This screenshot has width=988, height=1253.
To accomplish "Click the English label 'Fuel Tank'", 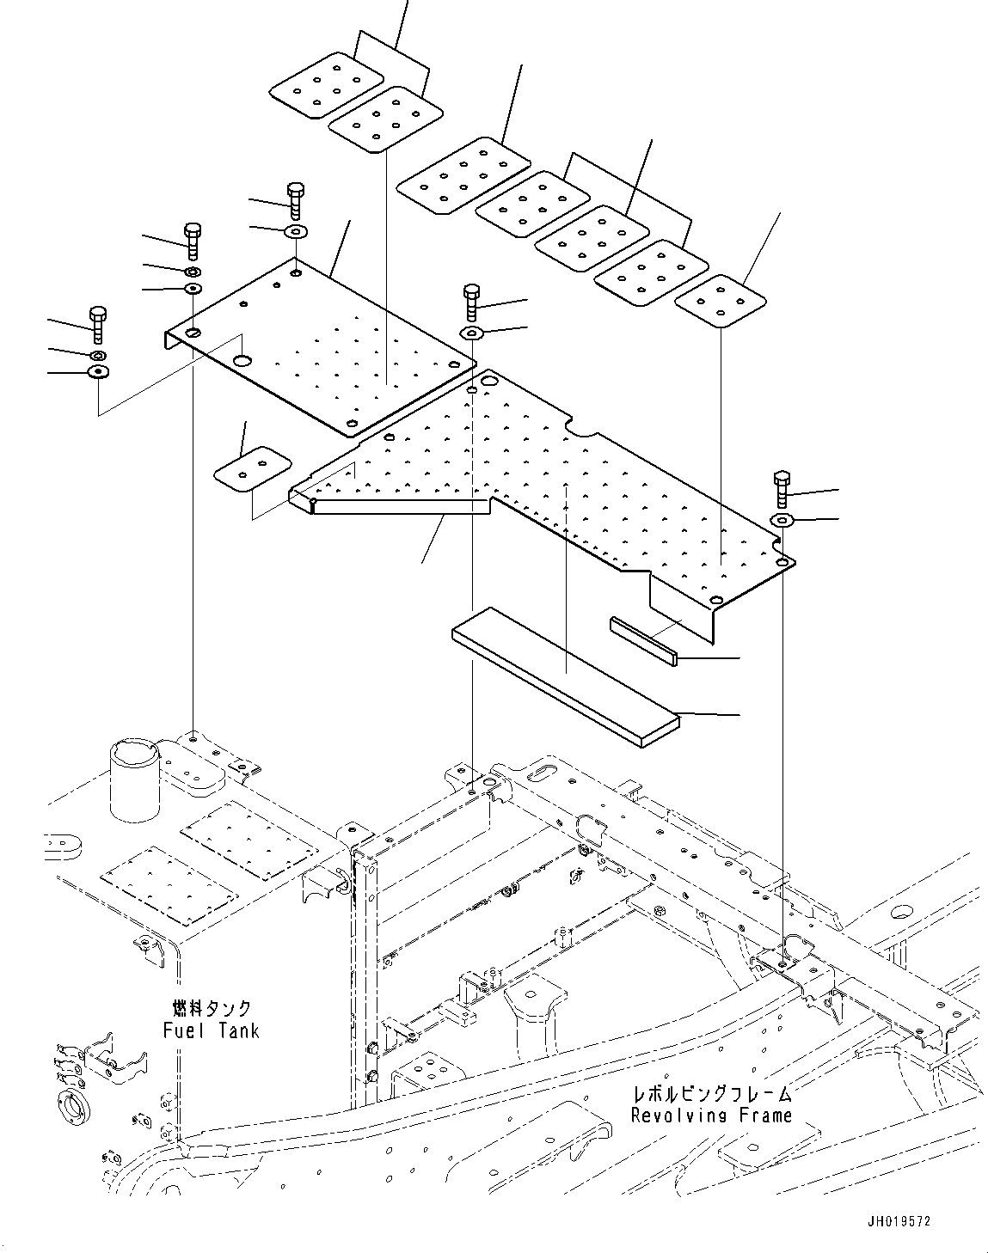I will pyautogui.click(x=211, y=1030).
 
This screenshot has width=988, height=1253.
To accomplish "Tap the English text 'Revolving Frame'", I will pyautogui.click(x=710, y=1115).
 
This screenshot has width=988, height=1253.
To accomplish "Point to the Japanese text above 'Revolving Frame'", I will pyautogui.click(x=710, y=1094).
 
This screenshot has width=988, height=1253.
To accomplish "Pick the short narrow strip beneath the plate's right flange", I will pyautogui.click(x=645, y=640).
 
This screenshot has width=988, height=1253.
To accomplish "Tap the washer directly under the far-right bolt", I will pyautogui.click(x=782, y=520).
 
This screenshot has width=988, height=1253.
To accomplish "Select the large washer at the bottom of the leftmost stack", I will pyautogui.click(x=97, y=372).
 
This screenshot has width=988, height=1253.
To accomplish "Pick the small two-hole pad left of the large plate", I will pyautogui.click(x=252, y=468).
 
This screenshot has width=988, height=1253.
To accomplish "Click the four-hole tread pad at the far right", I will pyautogui.click(x=720, y=302).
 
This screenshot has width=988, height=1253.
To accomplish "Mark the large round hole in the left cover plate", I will pyautogui.click(x=242, y=362).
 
